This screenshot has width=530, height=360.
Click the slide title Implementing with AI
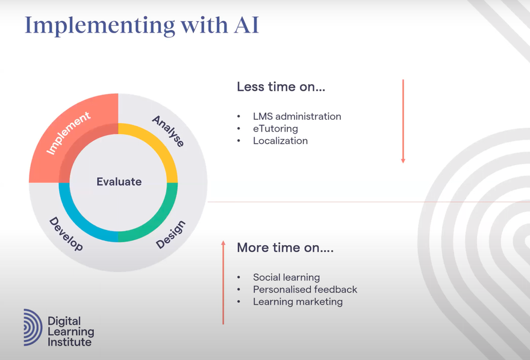click(x=142, y=26)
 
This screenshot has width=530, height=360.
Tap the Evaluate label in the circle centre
click(x=119, y=181)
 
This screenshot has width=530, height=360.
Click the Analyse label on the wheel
click(x=168, y=131)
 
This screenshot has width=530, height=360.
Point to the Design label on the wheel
click(x=170, y=235)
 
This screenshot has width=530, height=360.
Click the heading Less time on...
click(x=281, y=87)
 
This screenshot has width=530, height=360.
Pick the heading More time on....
click(x=285, y=247)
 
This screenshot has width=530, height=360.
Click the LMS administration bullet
click(x=297, y=116)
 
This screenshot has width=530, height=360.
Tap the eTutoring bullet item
click(x=275, y=128)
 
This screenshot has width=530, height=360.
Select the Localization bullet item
click(x=280, y=140)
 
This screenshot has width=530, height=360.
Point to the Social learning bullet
click(x=286, y=277)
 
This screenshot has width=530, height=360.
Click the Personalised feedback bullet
click(x=305, y=289)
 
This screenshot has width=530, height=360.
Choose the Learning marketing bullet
click(x=298, y=302)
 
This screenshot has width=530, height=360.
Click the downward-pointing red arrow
click(x=403, y=121)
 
